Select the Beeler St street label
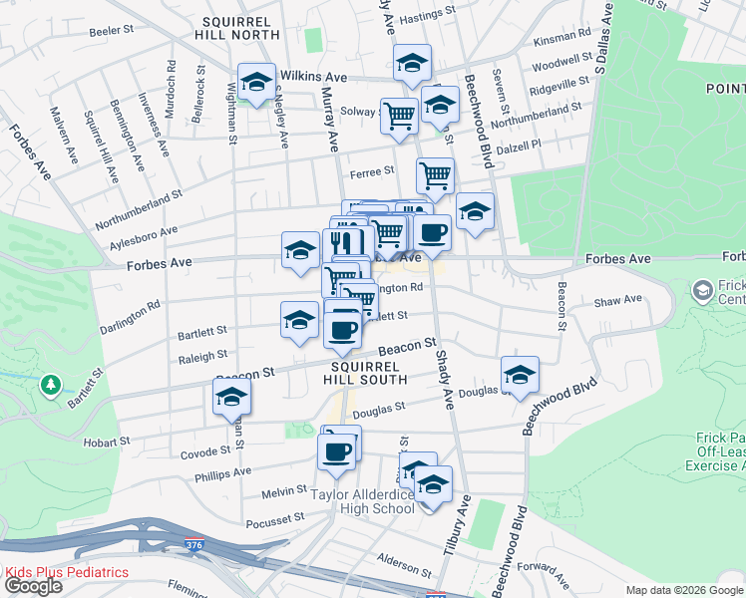(112, 32)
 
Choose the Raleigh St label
(203, 354)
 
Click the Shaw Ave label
(618, 300)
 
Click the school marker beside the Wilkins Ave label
(256, 83)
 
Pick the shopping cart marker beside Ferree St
(435, 176)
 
